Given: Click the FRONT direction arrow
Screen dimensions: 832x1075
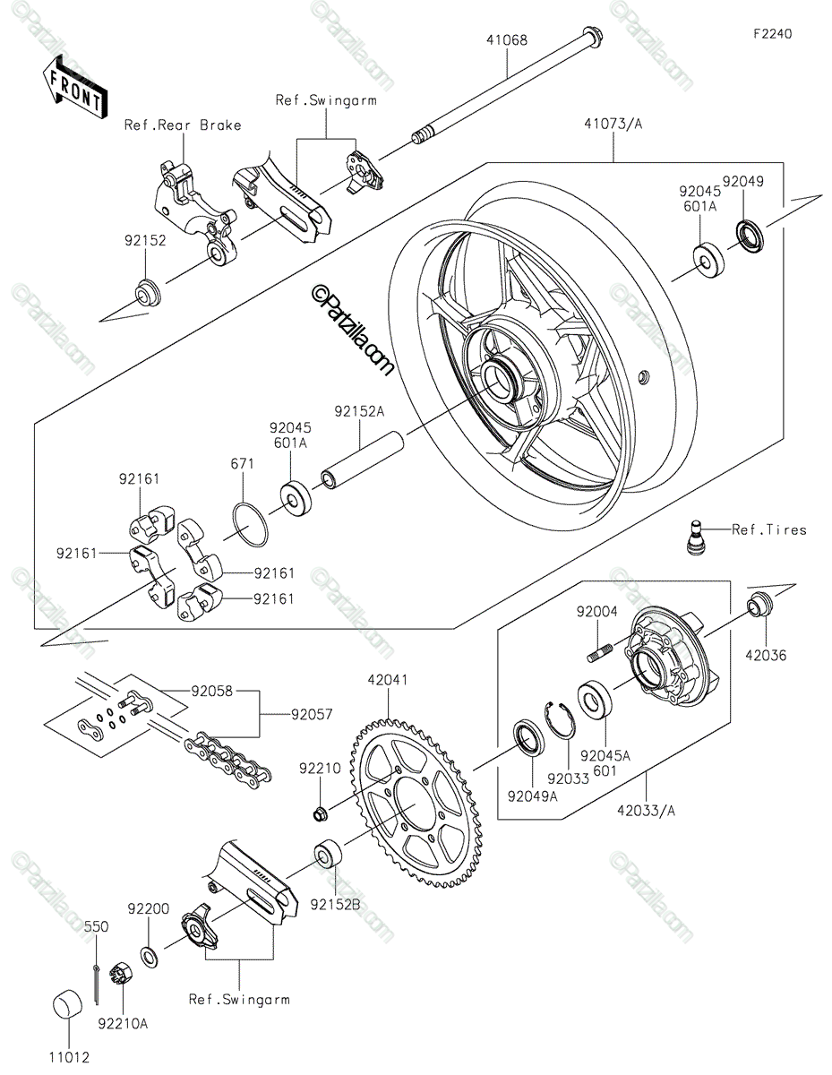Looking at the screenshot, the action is (x=75, y=87).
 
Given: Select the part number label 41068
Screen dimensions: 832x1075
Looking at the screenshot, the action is (x=507, y=39).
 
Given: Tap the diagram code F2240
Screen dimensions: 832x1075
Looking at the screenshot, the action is (x=773, y=34).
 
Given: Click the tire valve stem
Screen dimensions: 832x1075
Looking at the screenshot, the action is (x=698, y=537).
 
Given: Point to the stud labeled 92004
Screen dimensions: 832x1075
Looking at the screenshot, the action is (x=600, y=652).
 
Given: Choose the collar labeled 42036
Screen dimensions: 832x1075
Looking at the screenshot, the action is (x=759, y=604).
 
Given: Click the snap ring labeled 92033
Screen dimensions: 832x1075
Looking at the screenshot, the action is (x=560, y=719).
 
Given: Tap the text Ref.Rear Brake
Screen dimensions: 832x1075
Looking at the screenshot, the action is (x=183, y=125).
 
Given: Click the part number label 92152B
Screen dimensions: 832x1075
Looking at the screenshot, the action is (x=335, y=905).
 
